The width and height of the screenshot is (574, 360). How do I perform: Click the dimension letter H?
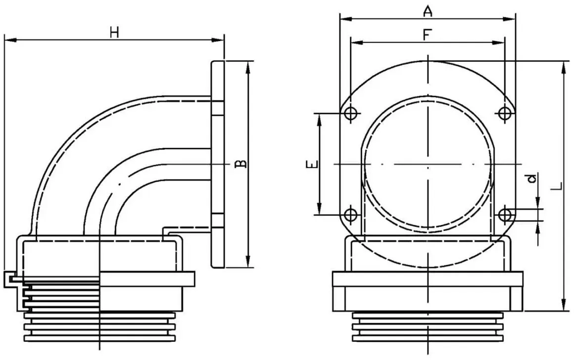[115, 33]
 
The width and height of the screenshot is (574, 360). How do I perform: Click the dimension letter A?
[427, 11]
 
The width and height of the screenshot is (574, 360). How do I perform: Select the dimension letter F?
[427, 35]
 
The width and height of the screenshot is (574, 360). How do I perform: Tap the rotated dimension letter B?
[240, 164]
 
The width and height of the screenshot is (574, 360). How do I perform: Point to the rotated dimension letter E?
[312, 164]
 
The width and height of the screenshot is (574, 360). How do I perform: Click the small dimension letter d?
[532, 178]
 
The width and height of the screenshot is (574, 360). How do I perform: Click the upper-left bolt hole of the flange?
[351, 113]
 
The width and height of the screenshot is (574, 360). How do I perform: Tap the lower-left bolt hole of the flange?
[351, 214]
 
